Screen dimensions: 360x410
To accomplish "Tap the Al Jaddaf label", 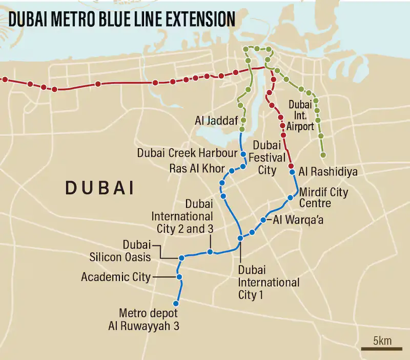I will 215,121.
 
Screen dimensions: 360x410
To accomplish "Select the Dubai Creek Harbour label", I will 187,153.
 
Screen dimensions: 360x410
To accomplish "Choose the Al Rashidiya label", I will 327,171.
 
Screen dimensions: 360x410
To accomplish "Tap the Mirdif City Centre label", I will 323,198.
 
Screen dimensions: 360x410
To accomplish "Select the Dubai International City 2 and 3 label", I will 182,216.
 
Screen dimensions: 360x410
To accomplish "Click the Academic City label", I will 116,277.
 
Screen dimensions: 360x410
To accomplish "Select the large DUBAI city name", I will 99,188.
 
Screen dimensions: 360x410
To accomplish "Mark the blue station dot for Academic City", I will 179,277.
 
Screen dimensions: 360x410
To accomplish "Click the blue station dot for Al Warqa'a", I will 263,220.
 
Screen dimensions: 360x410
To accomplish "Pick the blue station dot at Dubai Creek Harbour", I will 243,154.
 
